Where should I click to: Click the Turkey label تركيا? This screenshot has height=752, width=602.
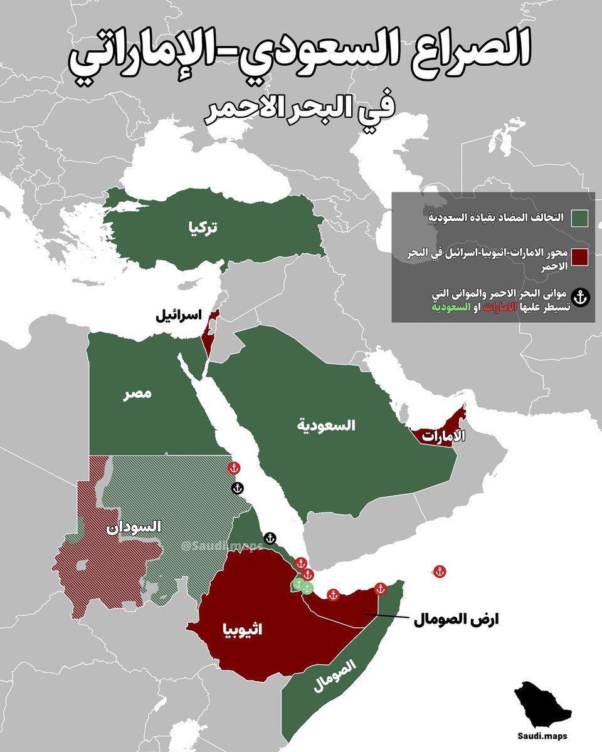204,227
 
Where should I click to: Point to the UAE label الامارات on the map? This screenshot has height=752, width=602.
436,436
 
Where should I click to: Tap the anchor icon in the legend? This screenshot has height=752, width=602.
583,297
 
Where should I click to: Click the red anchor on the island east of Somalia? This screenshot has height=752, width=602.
440,572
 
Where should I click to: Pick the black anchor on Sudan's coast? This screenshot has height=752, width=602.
238,488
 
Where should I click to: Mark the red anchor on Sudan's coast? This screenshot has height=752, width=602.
233,468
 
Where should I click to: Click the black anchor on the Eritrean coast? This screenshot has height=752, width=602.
270,538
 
